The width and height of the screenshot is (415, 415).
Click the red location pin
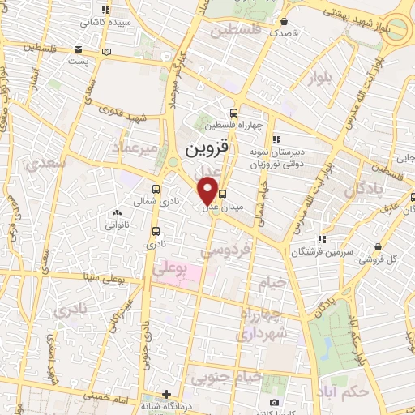point(208,192)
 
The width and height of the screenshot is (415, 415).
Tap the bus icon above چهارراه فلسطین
point(233,113)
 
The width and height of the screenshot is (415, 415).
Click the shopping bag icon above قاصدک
point(285,22)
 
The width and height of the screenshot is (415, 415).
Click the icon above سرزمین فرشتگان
point(322,239)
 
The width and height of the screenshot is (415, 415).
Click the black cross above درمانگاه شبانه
point(166,394)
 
